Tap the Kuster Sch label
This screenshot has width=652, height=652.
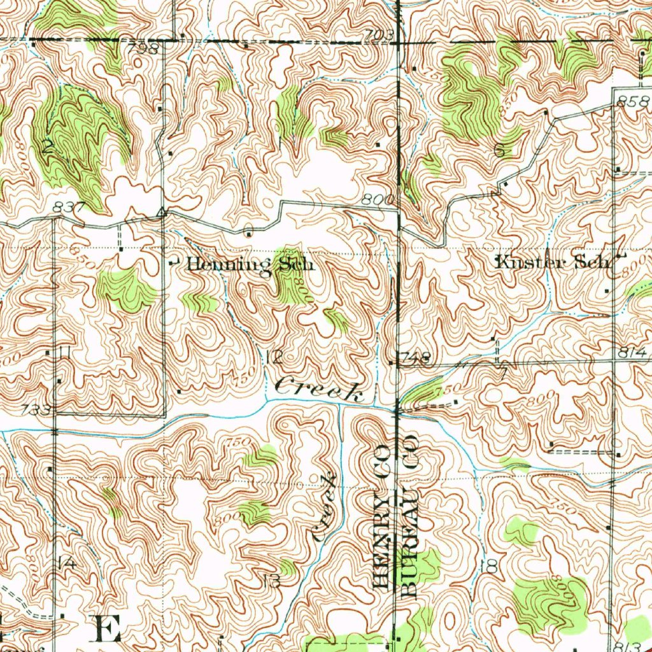(x=553, y=262)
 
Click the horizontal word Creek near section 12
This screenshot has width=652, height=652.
(x=320, y=388)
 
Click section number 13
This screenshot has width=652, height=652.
(x=271, y=580)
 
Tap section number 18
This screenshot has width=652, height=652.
(x=490, y=566)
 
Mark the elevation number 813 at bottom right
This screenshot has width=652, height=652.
(x=627, y=644)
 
